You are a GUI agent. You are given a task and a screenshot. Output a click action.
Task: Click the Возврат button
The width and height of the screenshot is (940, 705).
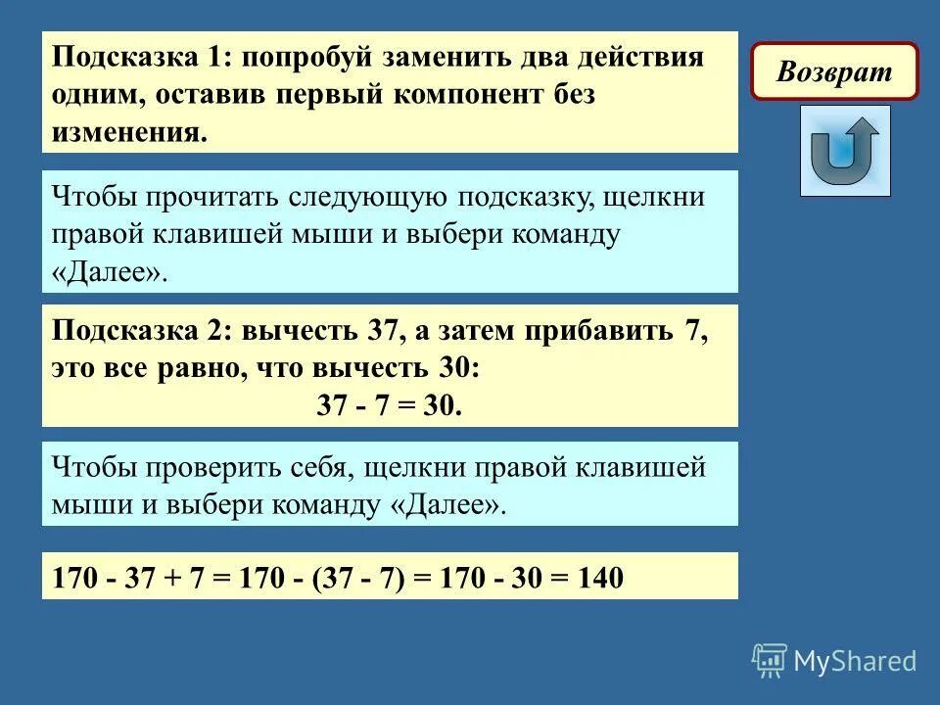[x=834, y=71]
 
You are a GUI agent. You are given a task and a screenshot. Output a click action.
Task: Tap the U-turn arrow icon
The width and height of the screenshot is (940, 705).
[x=844, y=151]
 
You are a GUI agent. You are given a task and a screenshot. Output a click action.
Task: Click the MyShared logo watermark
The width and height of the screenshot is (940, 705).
[x=834, y=661]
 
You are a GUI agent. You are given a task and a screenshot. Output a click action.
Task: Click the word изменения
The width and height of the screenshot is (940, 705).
[x=130, y=132]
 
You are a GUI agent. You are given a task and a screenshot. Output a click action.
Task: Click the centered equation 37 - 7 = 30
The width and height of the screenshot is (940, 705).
[x=389, y=405]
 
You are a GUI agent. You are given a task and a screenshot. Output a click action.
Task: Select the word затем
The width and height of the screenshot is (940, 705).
[x=469, y=330]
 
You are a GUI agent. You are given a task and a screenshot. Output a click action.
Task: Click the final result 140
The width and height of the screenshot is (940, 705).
[x=599, y=579]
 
